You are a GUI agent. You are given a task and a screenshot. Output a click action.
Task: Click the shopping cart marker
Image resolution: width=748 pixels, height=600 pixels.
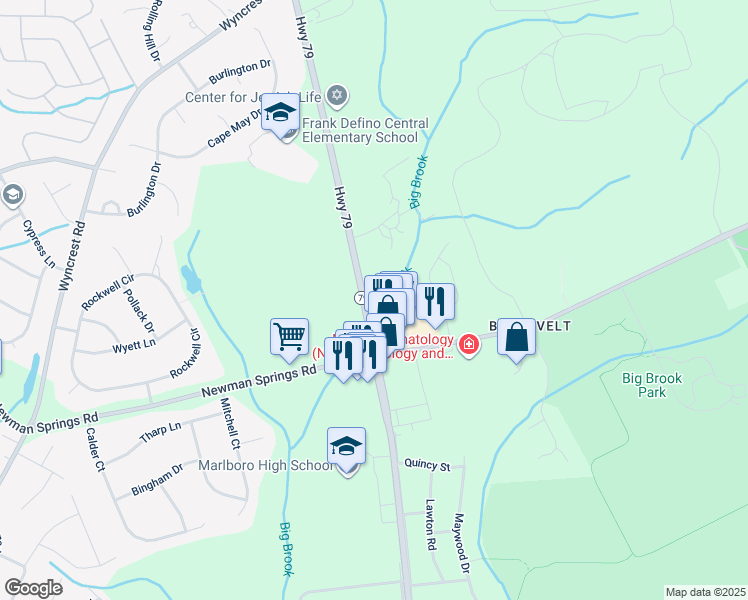point(289,337)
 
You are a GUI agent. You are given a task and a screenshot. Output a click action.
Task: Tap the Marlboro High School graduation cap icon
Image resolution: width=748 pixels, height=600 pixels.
point(346,445)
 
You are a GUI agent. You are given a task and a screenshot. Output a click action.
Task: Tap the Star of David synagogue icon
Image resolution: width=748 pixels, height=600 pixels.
point(338,96)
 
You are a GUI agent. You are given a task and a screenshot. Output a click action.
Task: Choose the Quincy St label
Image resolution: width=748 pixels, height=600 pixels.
point(428,465)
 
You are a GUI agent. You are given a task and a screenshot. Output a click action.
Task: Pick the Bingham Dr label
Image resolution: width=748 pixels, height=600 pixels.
point(157,479)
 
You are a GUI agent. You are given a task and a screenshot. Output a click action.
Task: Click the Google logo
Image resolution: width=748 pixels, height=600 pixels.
point(33,588)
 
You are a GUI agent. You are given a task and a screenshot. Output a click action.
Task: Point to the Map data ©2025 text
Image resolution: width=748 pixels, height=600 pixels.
point(705,592)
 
